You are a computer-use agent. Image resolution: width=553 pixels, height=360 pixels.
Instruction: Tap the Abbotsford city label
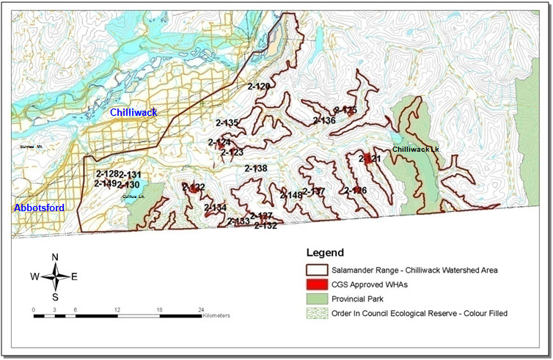(x=39, y=208)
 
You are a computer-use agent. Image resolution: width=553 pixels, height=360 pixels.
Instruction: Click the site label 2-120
(x=259, y=87)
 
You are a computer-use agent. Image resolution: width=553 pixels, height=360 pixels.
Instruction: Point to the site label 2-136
(x=324, y=120)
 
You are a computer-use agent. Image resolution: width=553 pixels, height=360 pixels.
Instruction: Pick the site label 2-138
(x=256, y=169)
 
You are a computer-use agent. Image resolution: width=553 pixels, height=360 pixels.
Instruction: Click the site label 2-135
(x=227, y=123)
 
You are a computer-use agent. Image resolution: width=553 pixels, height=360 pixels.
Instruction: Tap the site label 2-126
(x=355, y=191)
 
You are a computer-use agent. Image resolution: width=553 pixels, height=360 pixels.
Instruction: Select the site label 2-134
(x=215, y=208)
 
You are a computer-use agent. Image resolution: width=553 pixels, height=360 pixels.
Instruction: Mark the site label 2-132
(x=265, y=226)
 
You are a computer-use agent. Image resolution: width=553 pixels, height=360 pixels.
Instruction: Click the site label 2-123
(x=232, y=153)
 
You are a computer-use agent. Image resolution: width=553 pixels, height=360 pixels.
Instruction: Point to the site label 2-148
(x=291, y=196)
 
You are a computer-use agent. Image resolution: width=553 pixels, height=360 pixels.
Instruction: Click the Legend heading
(x=324, y=253)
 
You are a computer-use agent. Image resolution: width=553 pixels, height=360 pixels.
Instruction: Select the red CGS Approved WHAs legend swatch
(x=318, y=284)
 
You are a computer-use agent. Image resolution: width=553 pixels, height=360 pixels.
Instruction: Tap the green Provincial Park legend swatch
(x=318, y=299)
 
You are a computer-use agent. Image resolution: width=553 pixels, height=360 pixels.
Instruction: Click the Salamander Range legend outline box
(x=318, y=270)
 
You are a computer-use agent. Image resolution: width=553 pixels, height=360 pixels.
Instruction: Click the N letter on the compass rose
(x=55, y=257)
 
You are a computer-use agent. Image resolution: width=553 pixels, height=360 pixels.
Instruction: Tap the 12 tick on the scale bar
(x=117, y=309)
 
